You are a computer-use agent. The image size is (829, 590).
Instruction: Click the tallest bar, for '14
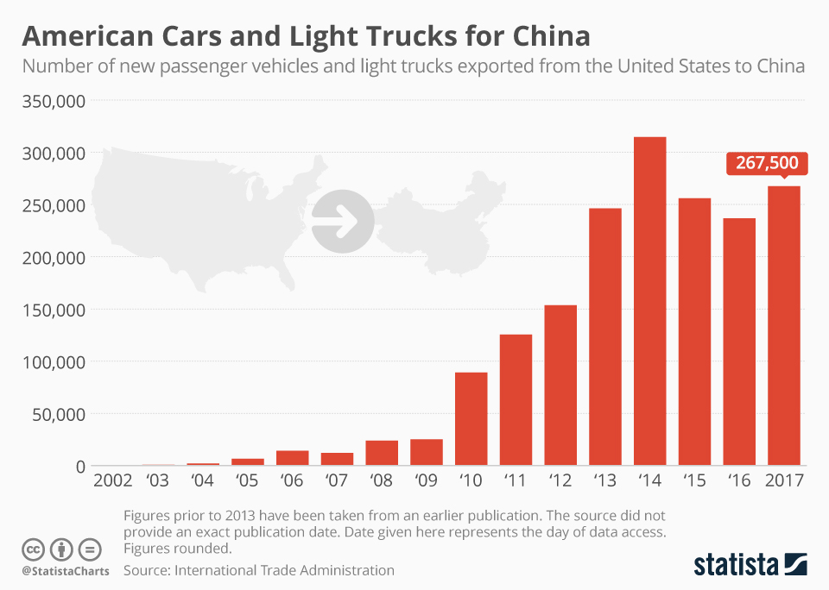(x=649, y=301)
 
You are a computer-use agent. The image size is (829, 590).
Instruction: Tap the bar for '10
(x=471, y=419)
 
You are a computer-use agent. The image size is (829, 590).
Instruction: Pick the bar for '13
(x=605, y=337)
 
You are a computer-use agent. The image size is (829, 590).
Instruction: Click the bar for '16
(x=739, y=342)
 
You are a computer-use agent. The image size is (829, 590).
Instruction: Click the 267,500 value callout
(x=767, y=163)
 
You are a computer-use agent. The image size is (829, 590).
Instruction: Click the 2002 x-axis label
(x=113, y=480)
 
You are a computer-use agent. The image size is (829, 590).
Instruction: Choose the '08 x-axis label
(x=381, y=480)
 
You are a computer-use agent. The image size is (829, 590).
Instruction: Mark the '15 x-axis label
(x=694, y=480)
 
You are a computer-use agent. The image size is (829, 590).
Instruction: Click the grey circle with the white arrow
(x=343, y=222)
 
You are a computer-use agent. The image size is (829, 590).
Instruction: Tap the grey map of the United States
(x=199, y=216)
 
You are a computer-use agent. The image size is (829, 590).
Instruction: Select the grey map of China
(x=440, y=224)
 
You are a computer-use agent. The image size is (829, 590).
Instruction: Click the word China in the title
(x=539, y=35)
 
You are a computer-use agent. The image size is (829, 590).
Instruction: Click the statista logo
(x=750, y=565)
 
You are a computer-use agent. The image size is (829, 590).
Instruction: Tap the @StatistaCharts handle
(x=66, y=570)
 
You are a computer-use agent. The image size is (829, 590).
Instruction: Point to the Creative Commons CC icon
(x=34, y=549)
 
